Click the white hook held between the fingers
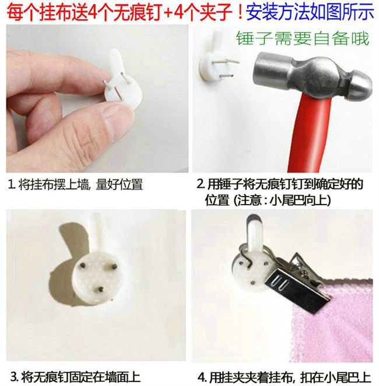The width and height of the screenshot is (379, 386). [x=120, y=76]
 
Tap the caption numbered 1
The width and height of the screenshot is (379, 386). [x=75, y=185]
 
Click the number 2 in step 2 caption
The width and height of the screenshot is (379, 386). [x=201, y=185]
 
